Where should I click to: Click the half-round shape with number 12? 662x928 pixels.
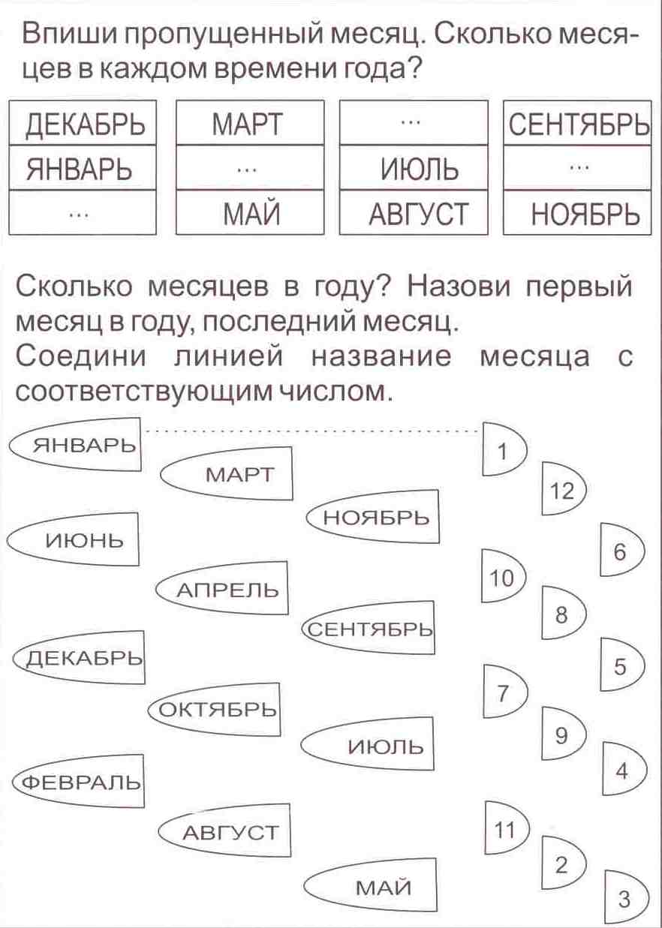coord(562,491)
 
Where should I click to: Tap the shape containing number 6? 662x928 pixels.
coord(621,553)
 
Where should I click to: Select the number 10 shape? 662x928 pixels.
coord(502,578)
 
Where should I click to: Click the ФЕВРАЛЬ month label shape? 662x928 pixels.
coord(78,782)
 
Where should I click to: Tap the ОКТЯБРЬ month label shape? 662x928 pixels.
coord(215,709)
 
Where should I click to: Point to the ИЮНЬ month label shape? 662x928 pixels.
coord(75,539)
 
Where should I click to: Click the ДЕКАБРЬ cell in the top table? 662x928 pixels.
coord(82,125)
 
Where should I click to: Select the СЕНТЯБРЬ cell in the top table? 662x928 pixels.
coord(576,125)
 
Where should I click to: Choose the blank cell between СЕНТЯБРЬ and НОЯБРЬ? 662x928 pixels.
coord(576,170)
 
